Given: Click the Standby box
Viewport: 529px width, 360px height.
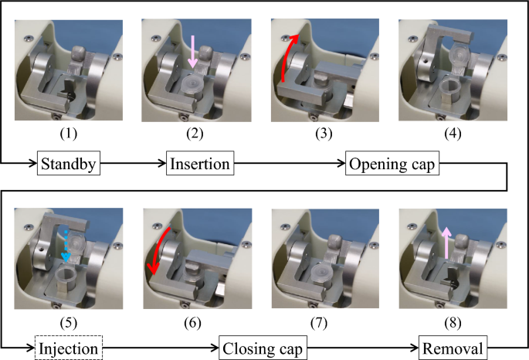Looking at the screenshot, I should coord(70,165).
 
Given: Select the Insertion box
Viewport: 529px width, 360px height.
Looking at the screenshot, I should coord(200,165).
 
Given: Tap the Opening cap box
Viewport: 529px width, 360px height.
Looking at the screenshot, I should coord(393,165).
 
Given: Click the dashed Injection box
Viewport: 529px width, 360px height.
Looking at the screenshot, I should coord(70,349).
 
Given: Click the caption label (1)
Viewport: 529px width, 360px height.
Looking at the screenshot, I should coord(70,132).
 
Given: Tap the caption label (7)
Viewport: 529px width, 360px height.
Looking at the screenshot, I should coord(327,317).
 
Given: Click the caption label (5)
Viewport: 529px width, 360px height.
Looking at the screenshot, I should coord(70,317).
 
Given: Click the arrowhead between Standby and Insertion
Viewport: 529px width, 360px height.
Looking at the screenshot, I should coord(162,165).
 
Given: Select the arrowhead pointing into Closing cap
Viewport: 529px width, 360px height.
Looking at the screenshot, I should coord(215,349).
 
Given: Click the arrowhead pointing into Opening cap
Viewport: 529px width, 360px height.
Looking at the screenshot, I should coord(340,165).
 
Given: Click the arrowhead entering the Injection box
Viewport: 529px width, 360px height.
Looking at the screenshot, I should coord(32,349).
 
